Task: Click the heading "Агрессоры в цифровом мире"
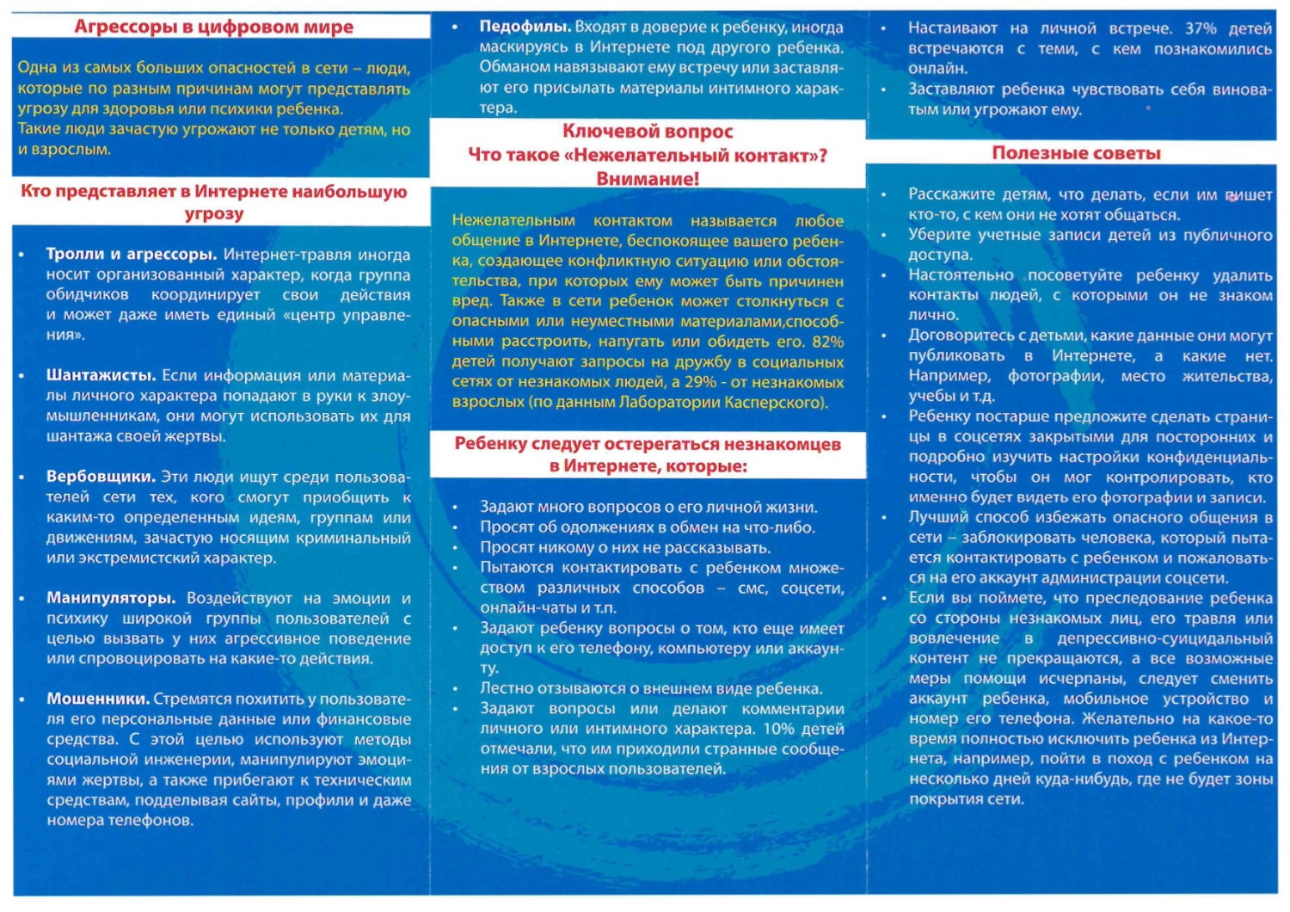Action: pyautogui.click(x=213, y=27)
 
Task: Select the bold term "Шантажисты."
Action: pyautogui.click(x=101, y=376)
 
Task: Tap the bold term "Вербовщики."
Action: pyautogui.click(x=101, y=477)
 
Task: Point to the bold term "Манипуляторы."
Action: pyautogui.click(x=111, y=598)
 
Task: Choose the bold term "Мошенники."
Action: pyautogui.click(x=98, y=699)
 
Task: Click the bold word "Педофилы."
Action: pyautogui.click(x=524, y=27)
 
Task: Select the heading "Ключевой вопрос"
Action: pyautogui.click(x=648, y=132)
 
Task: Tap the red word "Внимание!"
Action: pyautogui.click(x=648, y=179)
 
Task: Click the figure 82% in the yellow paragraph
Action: pyautogui.click(x=827, y=342)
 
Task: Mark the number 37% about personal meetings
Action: pyautogui.click(x=1200, y=28)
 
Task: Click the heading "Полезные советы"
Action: pyautogui.click(x=1076, y=153)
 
